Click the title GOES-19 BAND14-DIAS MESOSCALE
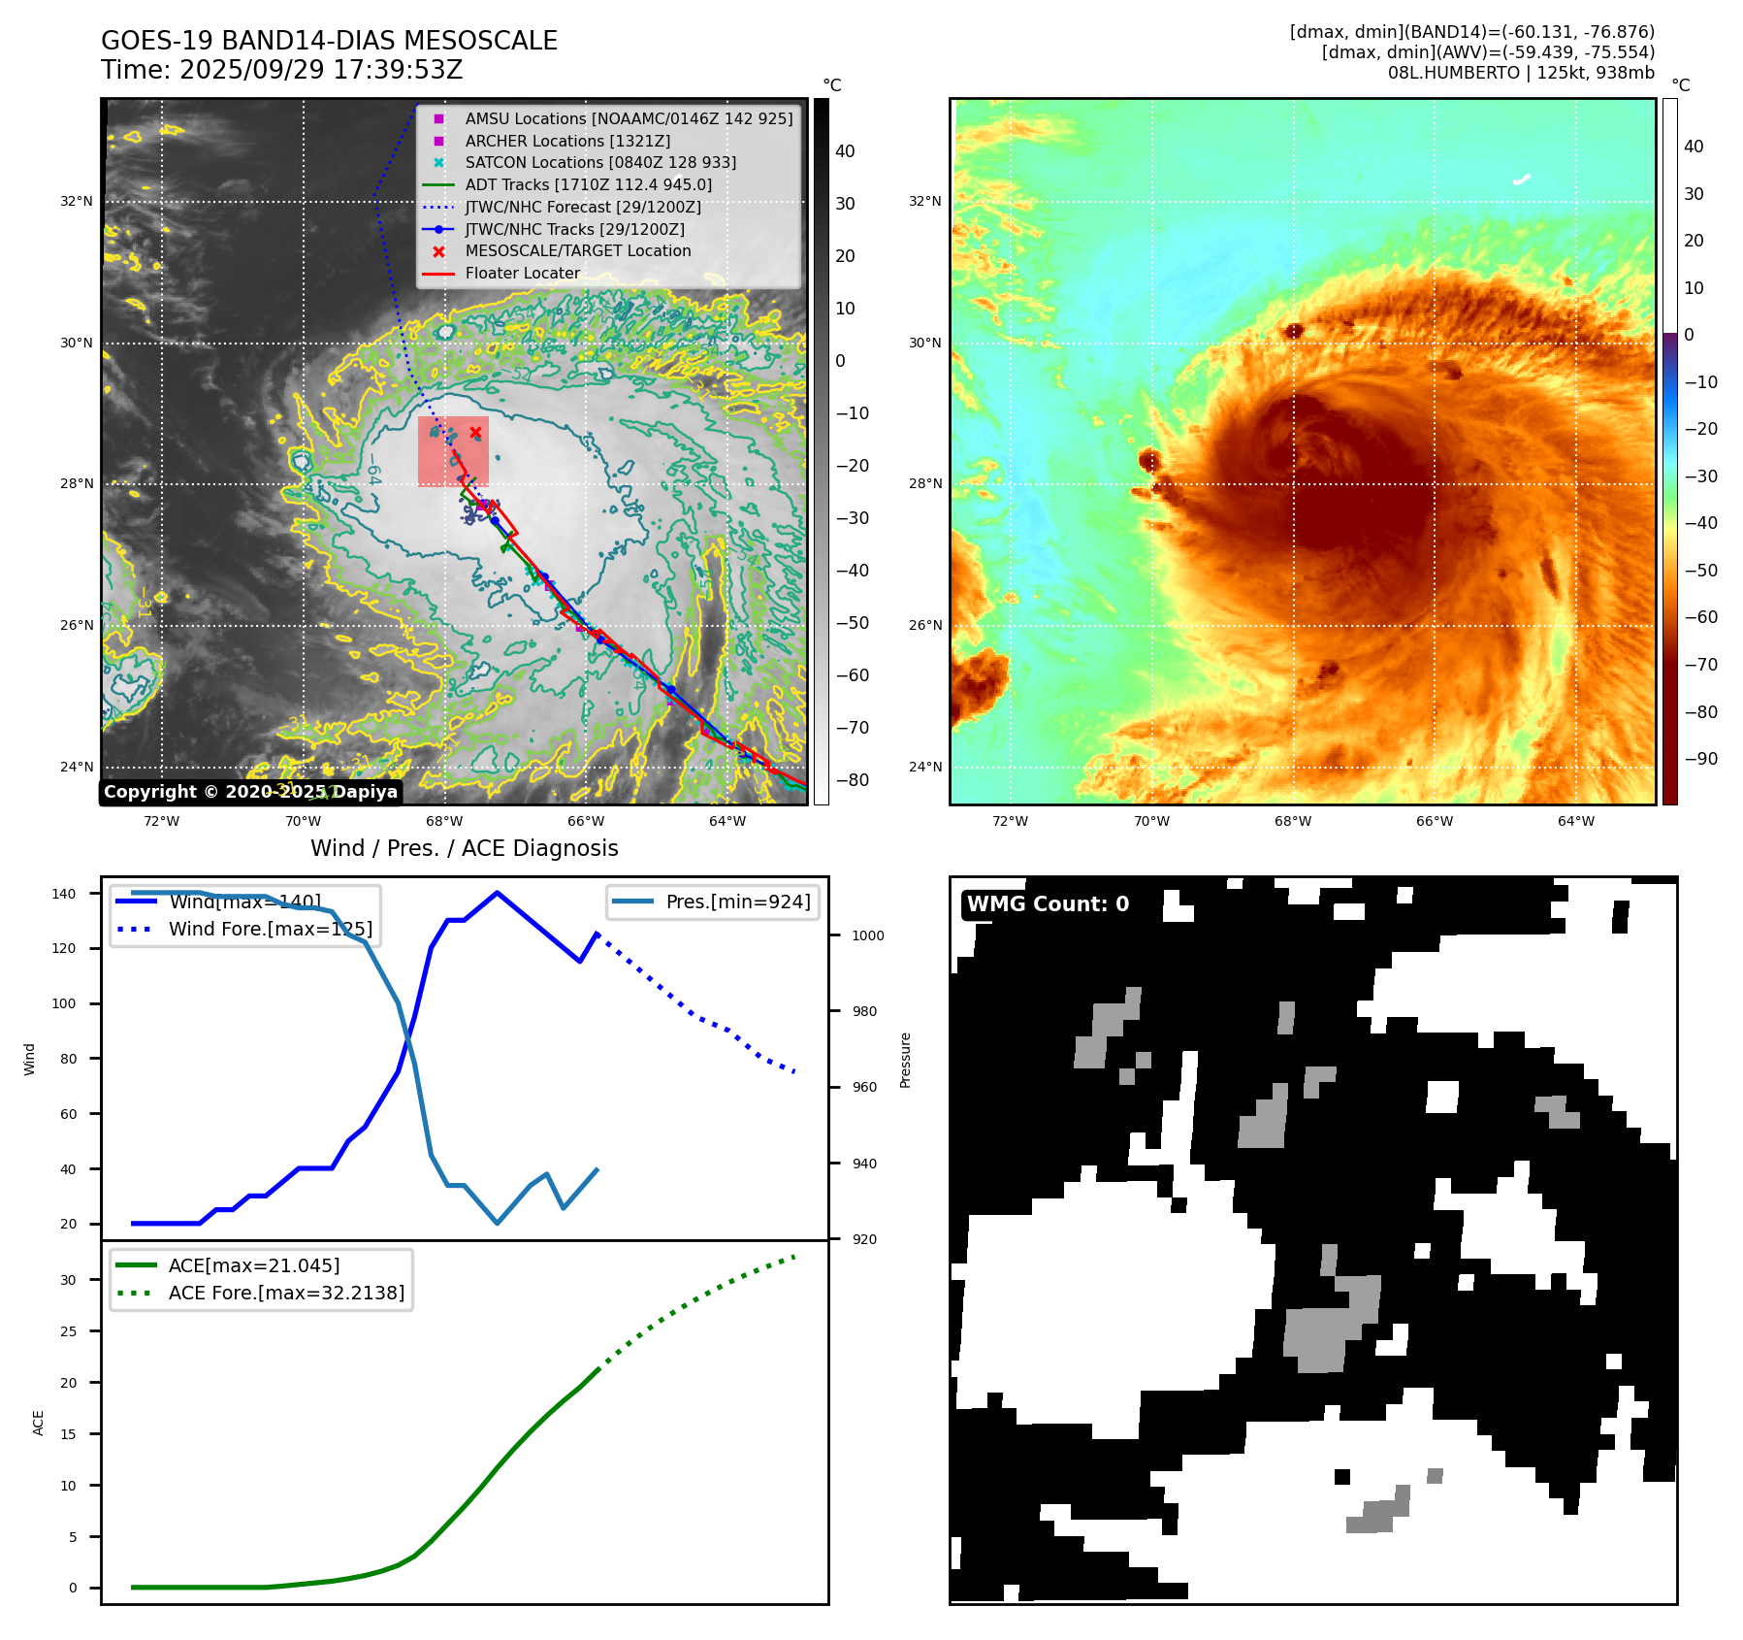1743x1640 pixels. (329, 41)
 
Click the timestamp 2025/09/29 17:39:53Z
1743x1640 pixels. (321, 70)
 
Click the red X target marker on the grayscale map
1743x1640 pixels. (475, 433)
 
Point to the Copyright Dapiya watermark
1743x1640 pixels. (250, 792)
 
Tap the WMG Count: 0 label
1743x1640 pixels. (1048, 904)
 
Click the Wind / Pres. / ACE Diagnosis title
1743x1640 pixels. (464, 848)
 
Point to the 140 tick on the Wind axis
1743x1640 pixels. (64, 894)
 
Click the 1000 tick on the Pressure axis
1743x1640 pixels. (868, 935)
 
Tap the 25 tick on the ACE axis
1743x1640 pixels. (68, 1331)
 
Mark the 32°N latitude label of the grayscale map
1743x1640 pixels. (77, 202)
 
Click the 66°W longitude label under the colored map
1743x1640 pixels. (1435, 821)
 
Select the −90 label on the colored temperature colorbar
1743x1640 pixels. (1700, 759)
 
